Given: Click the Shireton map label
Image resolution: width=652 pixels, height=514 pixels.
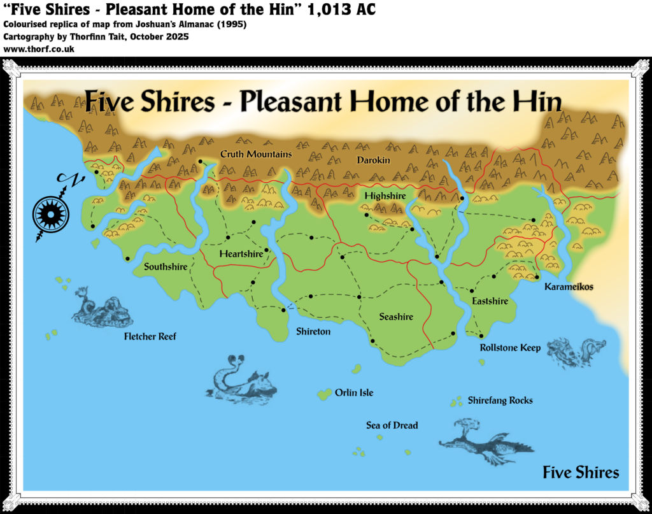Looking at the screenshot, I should (313, 332).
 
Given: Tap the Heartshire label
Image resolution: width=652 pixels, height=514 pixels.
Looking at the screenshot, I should (241, 254).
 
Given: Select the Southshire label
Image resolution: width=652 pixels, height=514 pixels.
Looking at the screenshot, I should (166, 267).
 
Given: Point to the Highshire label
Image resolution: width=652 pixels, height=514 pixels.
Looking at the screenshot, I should (385, 196).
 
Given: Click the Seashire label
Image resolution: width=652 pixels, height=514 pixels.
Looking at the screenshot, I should (396, 317).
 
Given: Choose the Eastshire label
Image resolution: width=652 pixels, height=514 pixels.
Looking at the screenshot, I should (490, 301).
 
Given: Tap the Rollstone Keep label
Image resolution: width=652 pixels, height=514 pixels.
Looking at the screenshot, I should (510, 348).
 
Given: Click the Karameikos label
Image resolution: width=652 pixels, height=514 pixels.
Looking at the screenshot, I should (569, 287).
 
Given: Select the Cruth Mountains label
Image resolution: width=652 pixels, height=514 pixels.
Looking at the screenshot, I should (256, 154).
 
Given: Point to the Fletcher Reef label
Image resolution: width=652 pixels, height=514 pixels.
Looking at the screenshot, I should (150, 336).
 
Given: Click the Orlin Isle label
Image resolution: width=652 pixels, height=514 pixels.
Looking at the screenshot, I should (354, 393).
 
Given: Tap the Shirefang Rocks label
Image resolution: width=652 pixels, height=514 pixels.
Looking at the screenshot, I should (500, 401).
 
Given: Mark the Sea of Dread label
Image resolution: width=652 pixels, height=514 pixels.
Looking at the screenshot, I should (392, 425).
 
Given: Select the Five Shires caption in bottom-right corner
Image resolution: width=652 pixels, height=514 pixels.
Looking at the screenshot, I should (580, 473).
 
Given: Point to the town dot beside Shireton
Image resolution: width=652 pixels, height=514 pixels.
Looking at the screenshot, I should (283, 310).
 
